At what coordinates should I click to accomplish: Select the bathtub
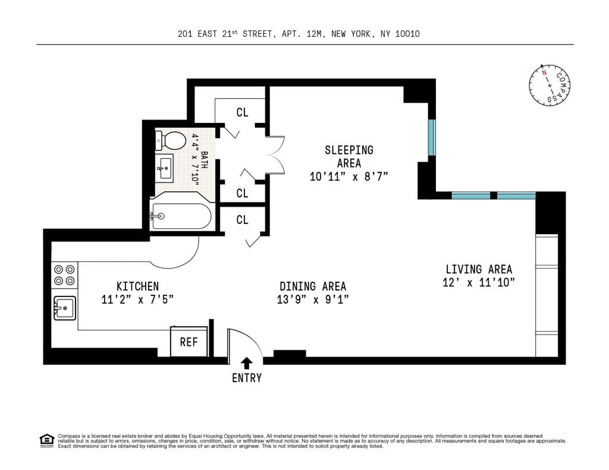181,216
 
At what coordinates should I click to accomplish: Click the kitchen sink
64,308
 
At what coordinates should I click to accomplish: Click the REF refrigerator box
189,342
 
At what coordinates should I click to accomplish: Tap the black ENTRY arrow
247,362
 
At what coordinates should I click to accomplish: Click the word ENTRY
247,378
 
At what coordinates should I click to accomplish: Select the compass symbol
549,87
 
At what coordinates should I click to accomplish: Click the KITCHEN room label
137,286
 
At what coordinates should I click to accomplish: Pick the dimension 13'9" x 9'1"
313,299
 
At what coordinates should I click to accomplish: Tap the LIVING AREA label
479,269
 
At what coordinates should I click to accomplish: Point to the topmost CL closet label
242,112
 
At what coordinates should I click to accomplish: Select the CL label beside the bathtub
242,220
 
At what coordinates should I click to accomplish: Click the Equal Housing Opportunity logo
46,440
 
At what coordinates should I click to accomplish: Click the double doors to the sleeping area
275,156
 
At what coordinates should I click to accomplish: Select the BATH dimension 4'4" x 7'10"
194,160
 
